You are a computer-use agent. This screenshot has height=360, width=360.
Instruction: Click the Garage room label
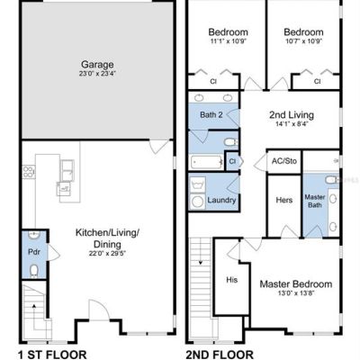point(97,65)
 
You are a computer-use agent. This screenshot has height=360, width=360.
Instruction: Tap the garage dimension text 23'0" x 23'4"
point(97,74)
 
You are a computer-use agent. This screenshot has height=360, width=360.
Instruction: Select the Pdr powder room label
point(34,252)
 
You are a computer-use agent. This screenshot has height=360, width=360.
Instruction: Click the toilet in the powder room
point(34,271)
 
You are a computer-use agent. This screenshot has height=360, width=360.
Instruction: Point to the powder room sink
point(34,235)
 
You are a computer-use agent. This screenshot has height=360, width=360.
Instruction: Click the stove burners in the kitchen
point(29,172)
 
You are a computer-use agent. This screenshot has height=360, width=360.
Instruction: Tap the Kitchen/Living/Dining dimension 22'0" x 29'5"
point(107,254)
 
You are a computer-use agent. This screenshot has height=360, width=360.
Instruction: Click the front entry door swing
point(100,310)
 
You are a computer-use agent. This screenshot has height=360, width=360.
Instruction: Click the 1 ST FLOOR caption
point(52,355)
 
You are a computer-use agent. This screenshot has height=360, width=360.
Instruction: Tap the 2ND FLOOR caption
point(220,355)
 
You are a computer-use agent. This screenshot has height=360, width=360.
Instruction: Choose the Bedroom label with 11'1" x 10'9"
point(228,31)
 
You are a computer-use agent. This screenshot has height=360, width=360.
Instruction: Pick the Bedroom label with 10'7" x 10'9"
point(303,31)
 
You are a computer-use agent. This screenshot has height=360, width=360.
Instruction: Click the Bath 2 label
point(211,114)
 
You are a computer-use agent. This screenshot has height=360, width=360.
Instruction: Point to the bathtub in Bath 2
point(207,163)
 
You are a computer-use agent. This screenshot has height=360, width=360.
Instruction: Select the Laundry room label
point(221,200)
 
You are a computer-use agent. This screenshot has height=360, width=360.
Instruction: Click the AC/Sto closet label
point(284,161)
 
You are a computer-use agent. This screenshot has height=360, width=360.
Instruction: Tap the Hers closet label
point(284,200)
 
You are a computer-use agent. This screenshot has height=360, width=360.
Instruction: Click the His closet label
point(232,280)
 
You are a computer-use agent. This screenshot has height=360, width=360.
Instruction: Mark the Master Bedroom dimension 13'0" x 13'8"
point(296,293)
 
